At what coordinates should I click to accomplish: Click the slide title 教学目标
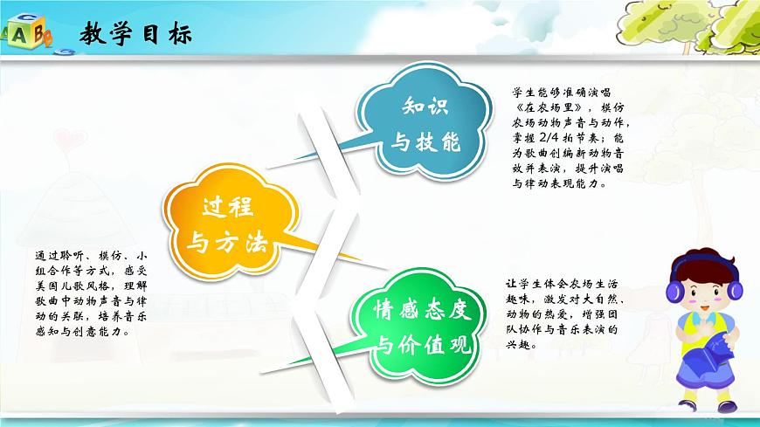coord(135,34)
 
